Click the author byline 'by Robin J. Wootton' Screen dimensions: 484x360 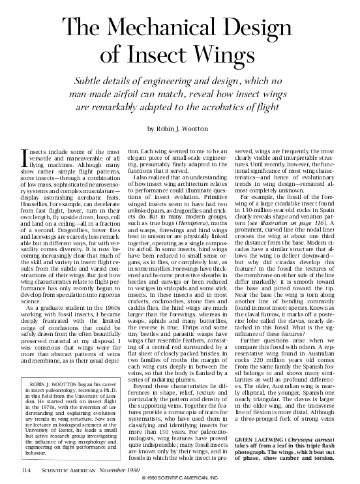tap(179, 128)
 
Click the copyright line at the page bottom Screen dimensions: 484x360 tap(180, 479)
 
